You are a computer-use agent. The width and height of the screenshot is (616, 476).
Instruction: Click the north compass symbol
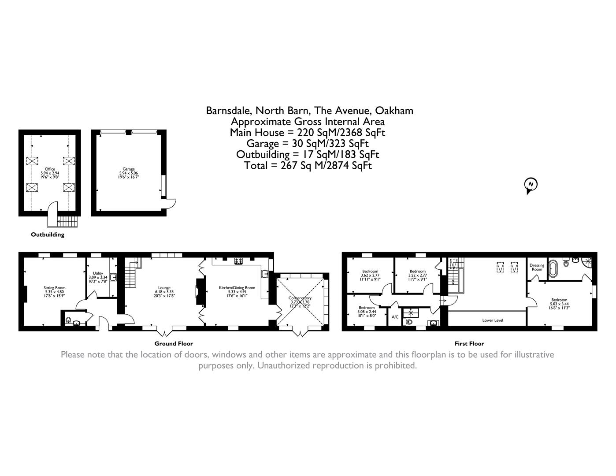tap(531, 185)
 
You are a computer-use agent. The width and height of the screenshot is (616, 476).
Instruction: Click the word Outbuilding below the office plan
tap(48, 234)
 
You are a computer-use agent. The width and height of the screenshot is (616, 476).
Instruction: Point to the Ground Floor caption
tap(174, 343)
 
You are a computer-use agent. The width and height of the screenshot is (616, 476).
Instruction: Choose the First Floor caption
tap(469, 343)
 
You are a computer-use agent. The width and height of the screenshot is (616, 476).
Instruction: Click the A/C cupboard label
tap(395, 317)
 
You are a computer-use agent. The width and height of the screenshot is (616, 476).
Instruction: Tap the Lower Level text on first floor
tap(493, 320)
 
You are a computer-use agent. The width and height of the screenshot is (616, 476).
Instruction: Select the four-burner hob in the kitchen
tap(239, 260)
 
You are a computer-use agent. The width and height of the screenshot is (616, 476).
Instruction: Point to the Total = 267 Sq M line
tap(308, 166)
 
